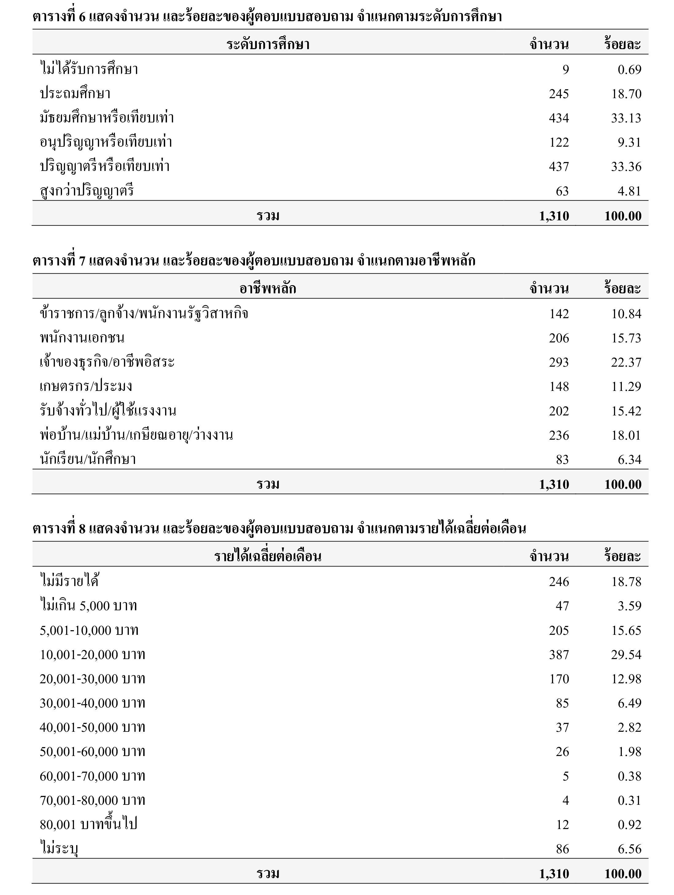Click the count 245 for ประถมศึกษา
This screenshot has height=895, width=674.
559,94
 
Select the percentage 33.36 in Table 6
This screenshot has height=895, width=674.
626,167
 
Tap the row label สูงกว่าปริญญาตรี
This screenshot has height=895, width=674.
87,191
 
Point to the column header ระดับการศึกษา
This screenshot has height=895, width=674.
268,44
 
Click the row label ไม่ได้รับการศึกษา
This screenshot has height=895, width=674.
89,69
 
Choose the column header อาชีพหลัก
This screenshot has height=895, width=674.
268,288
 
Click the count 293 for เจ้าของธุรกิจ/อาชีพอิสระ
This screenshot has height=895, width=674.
559,362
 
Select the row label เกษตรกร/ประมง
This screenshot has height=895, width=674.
86,386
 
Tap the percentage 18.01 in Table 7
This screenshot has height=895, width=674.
626,435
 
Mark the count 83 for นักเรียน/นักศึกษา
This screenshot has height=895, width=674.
562,460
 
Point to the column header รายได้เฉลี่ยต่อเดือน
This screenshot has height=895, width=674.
268,556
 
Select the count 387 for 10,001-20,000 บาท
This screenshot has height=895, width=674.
559,655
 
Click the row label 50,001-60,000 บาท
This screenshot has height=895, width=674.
92,752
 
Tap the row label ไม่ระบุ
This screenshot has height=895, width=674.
59,849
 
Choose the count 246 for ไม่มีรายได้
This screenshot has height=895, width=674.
559,582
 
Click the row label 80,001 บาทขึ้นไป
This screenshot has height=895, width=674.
88,825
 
